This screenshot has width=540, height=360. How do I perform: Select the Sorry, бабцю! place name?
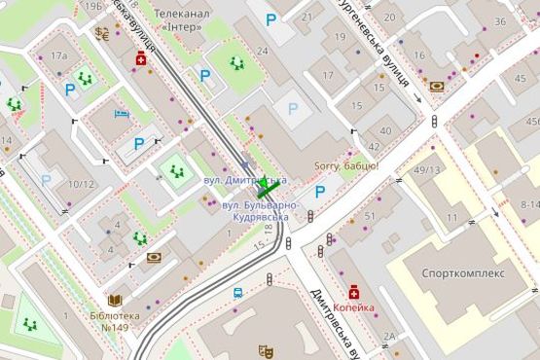[346, 166]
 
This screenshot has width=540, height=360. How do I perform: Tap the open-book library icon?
[115, 302]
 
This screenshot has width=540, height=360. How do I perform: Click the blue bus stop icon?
[237, 292]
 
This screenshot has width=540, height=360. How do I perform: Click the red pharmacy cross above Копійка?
[353, 291]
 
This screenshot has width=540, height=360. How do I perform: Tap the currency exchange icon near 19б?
[102, 31]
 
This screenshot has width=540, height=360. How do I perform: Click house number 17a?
[60, 55]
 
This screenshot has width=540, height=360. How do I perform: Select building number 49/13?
[426, 171]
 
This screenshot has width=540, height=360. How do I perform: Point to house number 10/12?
[82, 184]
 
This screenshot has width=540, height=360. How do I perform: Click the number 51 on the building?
[369, 215]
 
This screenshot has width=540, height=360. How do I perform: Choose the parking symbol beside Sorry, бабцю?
[319, 192]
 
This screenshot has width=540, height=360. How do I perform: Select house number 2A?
[389, 336]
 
